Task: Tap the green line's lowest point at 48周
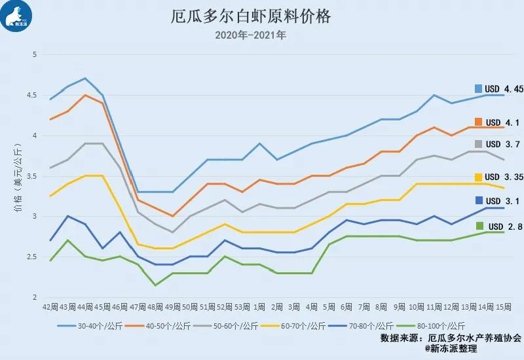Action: [155, 285]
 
